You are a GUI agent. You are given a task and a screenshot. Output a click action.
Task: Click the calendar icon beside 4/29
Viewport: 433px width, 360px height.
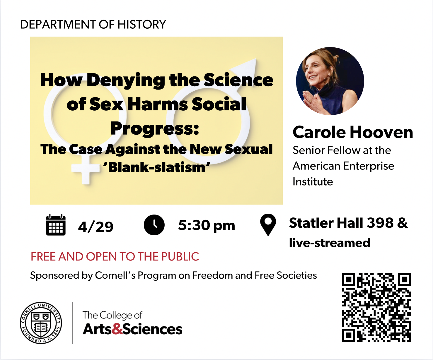pos(56,225)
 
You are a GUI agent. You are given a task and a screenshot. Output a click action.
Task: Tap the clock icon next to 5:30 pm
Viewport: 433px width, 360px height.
pos(154,225)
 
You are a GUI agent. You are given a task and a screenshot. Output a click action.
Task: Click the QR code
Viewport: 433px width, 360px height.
pos(376,307)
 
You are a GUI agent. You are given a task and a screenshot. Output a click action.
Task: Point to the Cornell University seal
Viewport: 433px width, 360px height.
pos(41,323)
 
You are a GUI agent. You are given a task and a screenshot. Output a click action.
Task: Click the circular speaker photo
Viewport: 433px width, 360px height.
pos(330,81)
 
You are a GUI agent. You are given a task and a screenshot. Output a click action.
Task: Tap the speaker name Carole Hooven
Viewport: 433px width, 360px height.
pos(353,132)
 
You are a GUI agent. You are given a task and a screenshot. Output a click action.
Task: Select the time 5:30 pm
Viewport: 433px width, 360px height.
pos(207,225)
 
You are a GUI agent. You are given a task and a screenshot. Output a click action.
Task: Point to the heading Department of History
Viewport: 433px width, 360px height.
pos(93,25)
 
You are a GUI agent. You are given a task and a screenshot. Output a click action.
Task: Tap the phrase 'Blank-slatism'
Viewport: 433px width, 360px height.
pos(156,167)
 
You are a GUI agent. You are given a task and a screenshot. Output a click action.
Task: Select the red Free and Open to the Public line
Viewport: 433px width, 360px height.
pos(115,257)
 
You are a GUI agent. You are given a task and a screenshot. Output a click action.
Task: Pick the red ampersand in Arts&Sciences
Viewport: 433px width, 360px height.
pos(117,329)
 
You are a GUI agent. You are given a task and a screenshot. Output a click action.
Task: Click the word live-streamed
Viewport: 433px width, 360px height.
pos(329,243)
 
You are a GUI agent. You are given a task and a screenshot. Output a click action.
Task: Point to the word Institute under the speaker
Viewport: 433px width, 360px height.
pos(313,182)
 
